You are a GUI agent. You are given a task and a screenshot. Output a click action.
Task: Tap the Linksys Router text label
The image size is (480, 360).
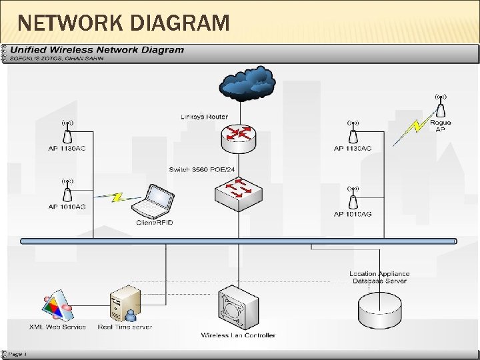coord(204,117)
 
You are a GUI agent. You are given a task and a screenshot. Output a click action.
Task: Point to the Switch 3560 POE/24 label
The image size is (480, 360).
coord(202,169)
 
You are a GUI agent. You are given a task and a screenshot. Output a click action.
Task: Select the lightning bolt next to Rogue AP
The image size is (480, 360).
coord(407,131)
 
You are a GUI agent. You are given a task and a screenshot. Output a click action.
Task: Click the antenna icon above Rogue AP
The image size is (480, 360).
coord(440,105)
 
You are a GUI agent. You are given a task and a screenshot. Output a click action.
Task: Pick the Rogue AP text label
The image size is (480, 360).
coord(440,126)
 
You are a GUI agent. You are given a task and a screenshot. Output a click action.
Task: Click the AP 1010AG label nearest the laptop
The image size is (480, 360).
coord(67,207)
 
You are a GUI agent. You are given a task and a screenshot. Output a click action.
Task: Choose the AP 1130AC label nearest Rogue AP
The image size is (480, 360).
coord(353,148)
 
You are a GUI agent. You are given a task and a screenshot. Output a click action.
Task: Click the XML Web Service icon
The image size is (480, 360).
coord(57,305)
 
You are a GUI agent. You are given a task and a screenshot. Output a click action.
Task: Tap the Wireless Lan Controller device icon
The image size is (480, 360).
coord(238,309)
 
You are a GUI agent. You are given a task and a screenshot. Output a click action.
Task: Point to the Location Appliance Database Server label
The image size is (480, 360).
coord(379,277)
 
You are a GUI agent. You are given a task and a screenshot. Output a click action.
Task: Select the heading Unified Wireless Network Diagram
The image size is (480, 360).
coord(97,50)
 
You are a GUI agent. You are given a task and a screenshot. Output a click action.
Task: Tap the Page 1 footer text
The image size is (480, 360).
coord(17,353)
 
